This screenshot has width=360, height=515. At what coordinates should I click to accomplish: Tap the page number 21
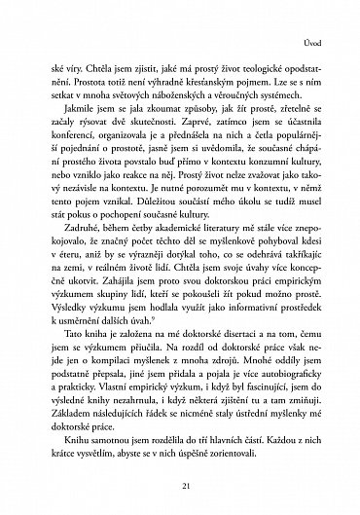click(x=180, y=485)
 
